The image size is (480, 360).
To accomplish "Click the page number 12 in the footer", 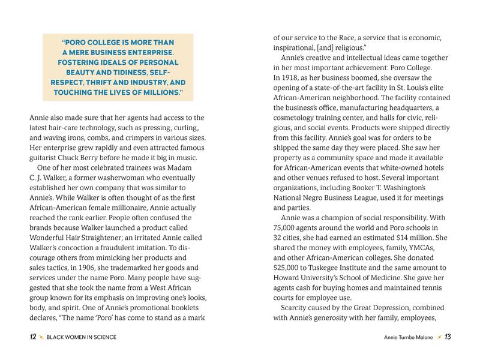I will pyautogui.click(x=34, y=337).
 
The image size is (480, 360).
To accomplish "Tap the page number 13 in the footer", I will pyautogui.click(x=448, y=337).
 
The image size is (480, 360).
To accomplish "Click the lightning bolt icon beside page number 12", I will pyautogui.click(x=41, y=337).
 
